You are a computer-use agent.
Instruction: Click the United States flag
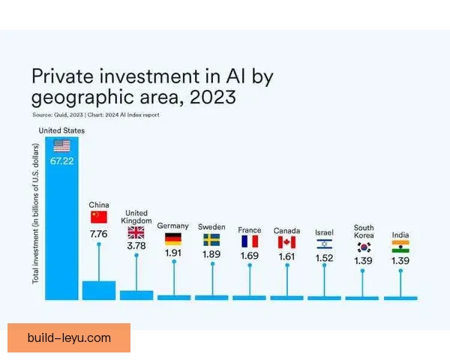[61, 145]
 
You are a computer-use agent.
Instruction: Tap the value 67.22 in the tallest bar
[61, 161]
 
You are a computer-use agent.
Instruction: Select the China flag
[99, 217]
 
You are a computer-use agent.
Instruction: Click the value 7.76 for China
[99, 234]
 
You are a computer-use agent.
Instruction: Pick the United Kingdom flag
[136, 232]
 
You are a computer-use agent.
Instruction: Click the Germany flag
[173, 240]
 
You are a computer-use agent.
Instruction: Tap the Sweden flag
[211, 240]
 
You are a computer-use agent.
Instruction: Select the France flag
[249, 241]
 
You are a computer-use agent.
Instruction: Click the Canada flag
[286, 242]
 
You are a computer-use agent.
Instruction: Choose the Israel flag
[324, 244]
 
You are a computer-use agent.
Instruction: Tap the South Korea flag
[364, 247]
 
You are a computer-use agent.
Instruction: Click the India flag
[400, 247]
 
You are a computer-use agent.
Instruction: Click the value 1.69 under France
[249, 256]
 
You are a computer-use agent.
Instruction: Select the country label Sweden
[211, 226]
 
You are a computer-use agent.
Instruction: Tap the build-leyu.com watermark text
[68, 338]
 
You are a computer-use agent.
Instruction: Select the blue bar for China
[99, 290]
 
